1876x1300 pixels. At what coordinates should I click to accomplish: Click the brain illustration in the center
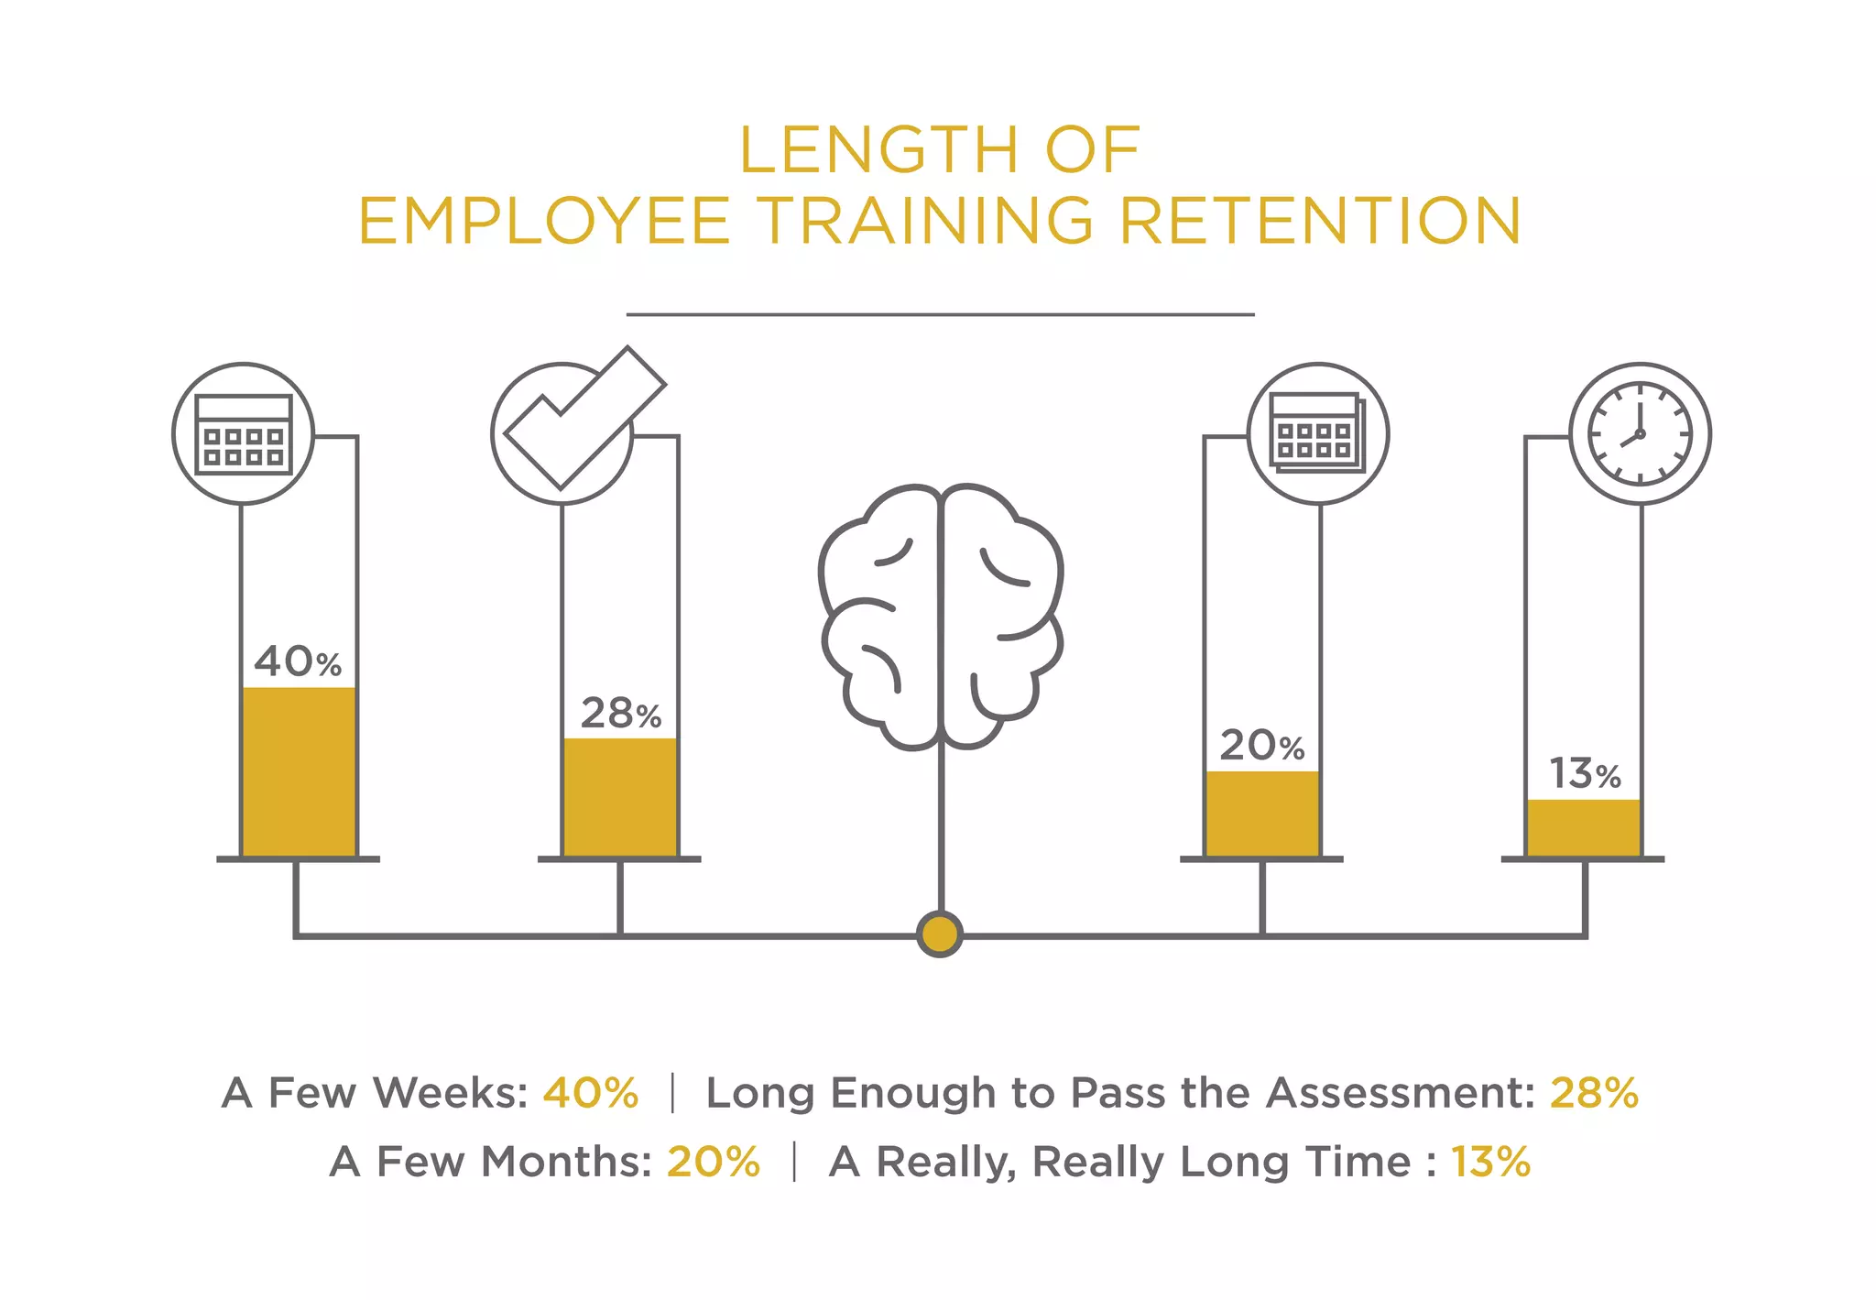[941, 616]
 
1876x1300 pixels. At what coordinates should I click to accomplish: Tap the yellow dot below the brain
[940, 934]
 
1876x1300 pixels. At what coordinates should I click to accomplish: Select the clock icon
[1640, 433]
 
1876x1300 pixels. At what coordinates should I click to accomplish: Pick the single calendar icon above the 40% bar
[244, 433]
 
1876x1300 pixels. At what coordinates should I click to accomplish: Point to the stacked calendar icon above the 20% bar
[1317, 433]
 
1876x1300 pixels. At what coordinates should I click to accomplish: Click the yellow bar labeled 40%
[299, 771]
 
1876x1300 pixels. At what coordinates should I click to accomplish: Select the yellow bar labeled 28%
[620, 797]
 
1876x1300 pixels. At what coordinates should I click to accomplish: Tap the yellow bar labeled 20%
[1262, 814]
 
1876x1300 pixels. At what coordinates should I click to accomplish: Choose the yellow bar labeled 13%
[1584, 827]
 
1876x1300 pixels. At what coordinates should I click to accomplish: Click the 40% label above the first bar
[297, 661]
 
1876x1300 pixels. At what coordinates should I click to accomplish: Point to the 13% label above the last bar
[1585, 775]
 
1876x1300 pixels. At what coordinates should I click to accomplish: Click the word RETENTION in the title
[1320, 222]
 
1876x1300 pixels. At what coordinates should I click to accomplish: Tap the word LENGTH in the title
[878, 150]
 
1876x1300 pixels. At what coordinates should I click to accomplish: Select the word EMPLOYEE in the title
[544, 222]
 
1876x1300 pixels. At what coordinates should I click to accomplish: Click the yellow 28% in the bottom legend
[1594, 1093]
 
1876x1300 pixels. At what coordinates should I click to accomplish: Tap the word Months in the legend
[566, 1162]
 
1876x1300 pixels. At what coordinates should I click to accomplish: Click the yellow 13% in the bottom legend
[1490, 1162]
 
